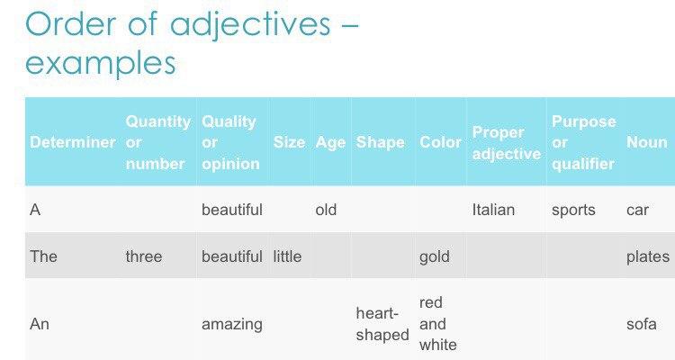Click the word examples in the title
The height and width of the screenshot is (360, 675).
click(101, 63)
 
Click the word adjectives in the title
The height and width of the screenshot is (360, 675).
click(250, 23)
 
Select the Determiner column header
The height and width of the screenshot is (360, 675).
click(73, 142)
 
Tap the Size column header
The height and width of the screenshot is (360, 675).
click(289, 142)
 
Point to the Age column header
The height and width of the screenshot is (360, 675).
click(330, 142)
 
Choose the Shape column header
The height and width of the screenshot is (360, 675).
click(381, 142)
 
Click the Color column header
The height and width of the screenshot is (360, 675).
click(440, 142)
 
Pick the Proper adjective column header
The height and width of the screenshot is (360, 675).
click(507, 143)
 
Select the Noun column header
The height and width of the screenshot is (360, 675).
click(647, 142)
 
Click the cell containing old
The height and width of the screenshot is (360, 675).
click(326, 210)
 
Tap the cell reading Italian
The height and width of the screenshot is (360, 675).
click(493, 210)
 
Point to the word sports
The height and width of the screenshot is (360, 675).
click(573, 210)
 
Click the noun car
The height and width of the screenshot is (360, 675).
click(637, 210)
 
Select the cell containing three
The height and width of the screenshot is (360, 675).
click(144, 256)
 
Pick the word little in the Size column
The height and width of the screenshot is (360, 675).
click(287, 256)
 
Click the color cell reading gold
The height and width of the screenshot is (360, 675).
click(435, 256)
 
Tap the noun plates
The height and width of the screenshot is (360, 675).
click(648, 256)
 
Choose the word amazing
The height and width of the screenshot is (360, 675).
click(232, 324)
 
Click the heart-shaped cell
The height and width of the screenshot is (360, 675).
click(382, 324)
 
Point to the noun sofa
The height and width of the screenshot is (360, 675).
click(642, 324)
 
